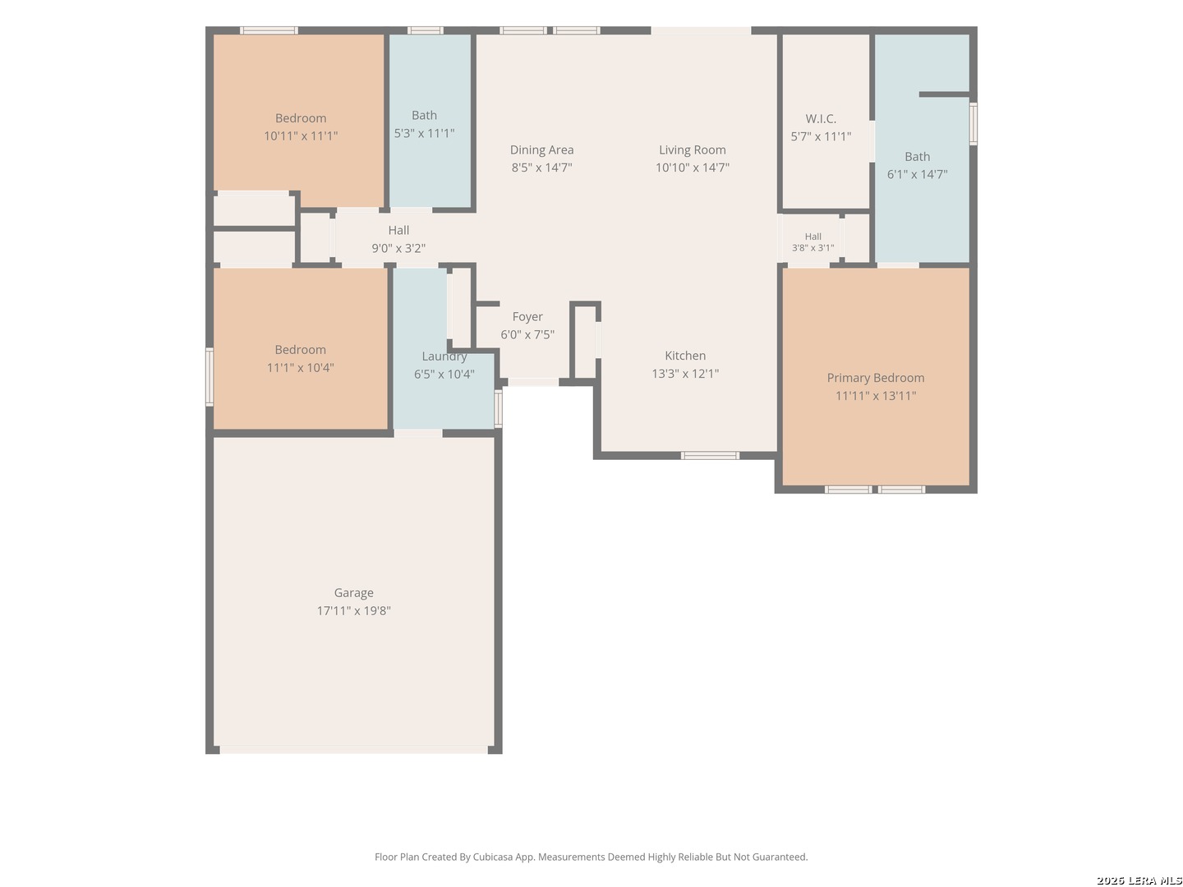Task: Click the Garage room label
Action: (x=353, y=592)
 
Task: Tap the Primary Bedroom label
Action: (x=875, y=378)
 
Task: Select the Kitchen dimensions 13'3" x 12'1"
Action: (x=685, y=373)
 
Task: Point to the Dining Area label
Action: (x=541, y=149)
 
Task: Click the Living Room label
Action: (x=692, y=149)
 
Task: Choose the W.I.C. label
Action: (x=820, y=118)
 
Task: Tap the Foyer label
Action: (x=527, y=317)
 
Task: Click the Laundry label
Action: (x=444, y=356)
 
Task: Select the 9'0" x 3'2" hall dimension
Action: (x=398, y=248)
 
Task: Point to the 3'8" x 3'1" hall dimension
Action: (x=812, y=248)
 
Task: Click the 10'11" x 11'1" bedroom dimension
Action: (x=300, y=136)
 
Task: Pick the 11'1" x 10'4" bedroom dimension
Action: (x=300, y=368)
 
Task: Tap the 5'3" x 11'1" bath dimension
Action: (x=424, y=133)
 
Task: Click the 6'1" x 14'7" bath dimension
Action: (x=917, y=174)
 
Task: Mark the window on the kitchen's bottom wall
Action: (x=709, y=456)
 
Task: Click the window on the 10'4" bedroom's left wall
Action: (x=209, y=376)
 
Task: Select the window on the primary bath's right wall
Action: (x=973, y=124)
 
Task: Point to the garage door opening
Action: (x=353, y=749)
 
